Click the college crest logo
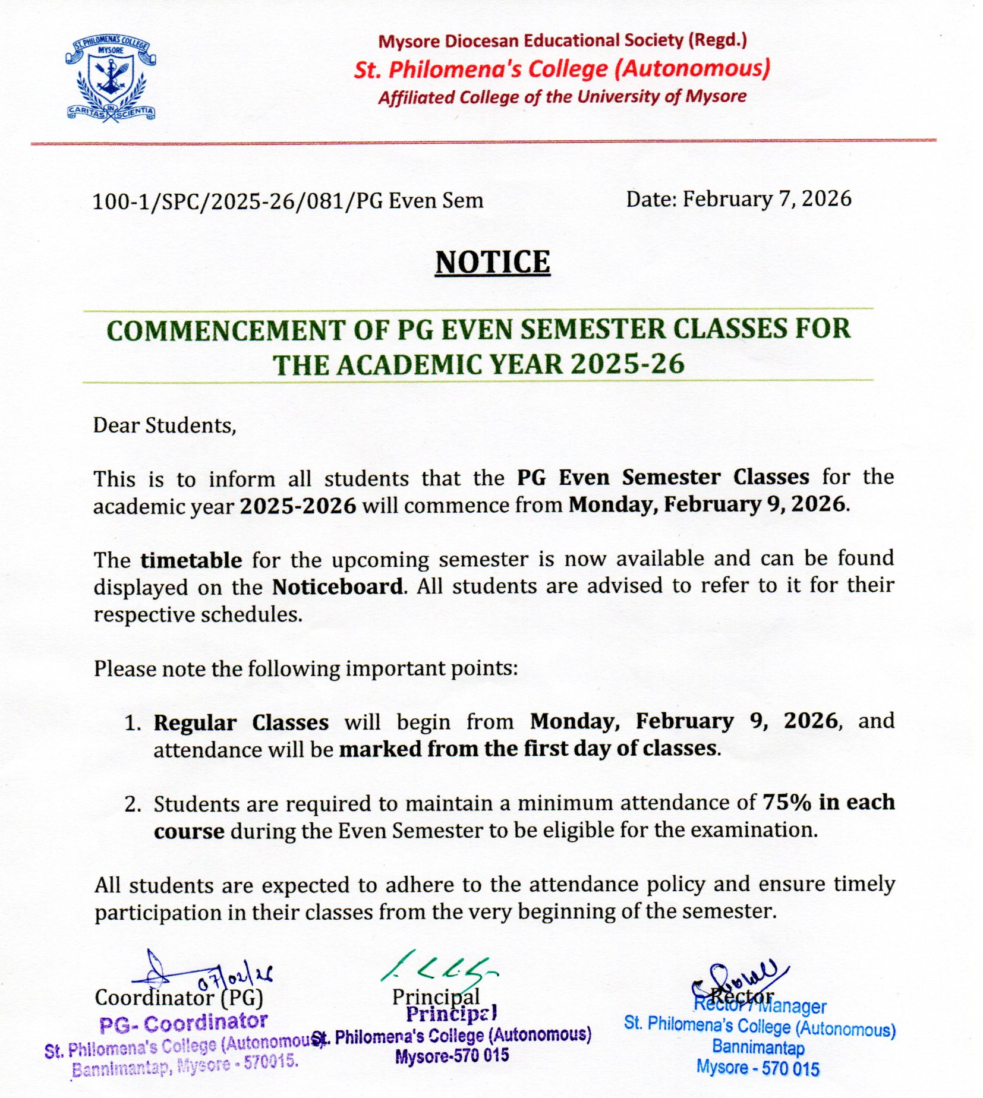coord(111,78)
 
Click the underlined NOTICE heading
coord(493,263)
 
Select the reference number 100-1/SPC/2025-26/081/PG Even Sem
coord(288,201)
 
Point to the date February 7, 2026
coord(767,199)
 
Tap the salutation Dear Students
coord(165,425)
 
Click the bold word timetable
coord(191,560)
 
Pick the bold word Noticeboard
coord(338,587)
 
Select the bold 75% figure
coord(787,802)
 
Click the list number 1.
coord(133,723)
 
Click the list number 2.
coord(133,804)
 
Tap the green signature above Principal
coord(439,968)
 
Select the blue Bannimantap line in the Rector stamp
coord(758,1047)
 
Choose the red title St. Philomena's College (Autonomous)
coord(562,69)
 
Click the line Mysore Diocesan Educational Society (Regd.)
coord(562,41)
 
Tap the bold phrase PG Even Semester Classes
coord(663,477)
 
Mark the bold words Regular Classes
coord(241,723)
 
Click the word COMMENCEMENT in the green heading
coord(226,330)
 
